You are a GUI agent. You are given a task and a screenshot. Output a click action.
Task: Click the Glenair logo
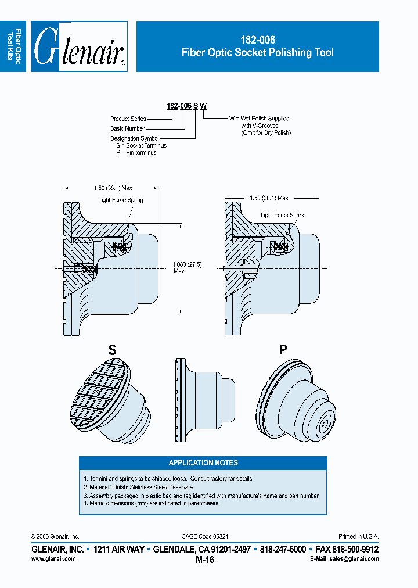tap(80, 46)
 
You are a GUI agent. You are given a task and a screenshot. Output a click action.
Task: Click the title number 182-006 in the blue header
tap(257, 40)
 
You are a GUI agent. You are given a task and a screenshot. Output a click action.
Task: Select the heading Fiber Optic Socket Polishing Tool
tap(257, 52)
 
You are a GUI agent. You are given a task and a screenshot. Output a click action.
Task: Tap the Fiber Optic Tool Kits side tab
tap(14, 46)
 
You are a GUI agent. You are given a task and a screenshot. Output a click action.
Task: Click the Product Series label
tap(128, 119)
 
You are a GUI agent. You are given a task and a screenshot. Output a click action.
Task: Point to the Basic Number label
tap(127, 128)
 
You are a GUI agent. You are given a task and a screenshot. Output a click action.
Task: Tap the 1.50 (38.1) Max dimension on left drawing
tap(113, 188)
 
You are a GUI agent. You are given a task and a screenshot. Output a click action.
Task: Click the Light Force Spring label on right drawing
tap(283, 215)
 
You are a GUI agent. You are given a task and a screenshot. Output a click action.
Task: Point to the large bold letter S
tap(113, 350)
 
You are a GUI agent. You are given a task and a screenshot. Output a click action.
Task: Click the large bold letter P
tap(283, 350)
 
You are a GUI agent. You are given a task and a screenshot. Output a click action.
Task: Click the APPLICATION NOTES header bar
tap(203, 462)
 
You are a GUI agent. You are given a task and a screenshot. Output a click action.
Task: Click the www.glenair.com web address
tap(53, 558)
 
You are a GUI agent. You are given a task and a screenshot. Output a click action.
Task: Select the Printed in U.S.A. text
tap(358, 536)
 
